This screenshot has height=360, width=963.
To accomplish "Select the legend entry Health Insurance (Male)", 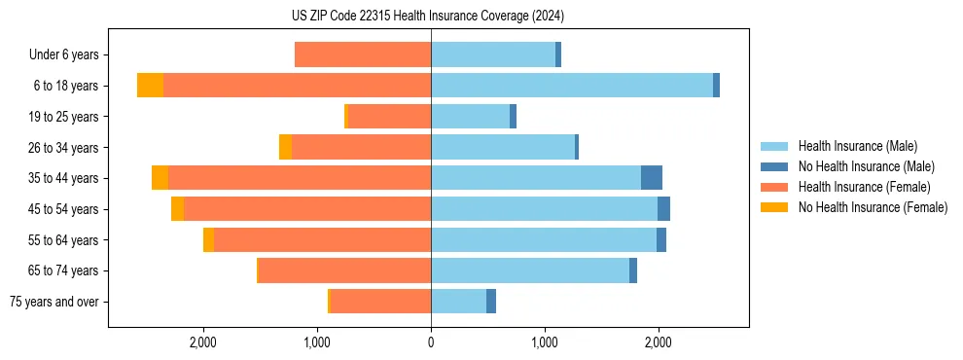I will pos(857,146).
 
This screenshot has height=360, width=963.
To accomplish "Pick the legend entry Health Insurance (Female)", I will pos(862,187).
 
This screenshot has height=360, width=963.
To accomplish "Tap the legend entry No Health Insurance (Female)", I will pos(872,207).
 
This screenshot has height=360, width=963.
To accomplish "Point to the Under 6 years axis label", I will pos(63,55).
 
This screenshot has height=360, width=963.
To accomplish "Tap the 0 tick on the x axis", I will pos(431,342).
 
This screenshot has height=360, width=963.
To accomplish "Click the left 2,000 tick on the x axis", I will pos(203,342).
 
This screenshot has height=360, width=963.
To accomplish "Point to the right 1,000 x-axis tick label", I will pos(545,342).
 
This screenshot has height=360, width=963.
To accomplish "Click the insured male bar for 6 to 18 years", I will pos(572,86).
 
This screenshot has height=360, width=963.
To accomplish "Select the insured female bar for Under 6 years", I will pos(363,55).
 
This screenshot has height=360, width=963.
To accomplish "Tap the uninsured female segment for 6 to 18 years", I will pos(150,86).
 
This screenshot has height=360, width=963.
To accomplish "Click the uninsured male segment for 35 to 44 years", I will pos(652,178).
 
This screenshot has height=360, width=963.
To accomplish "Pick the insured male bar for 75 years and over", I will pos(458,302).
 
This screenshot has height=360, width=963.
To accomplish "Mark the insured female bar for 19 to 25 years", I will pos(389,117).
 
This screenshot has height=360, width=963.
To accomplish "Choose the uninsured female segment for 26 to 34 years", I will pos(285,147).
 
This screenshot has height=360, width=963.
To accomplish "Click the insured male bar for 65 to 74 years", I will pos(530,270).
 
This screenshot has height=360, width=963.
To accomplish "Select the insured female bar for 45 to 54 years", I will pos(307,209).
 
